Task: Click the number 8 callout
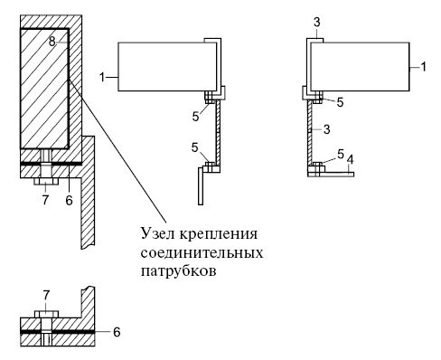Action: point(52,42)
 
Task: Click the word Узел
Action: point(157,233)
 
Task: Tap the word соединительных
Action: point(202,252)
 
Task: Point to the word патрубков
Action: point(179,271)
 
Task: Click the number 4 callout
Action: point(350,160)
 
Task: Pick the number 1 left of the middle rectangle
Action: point(102,78)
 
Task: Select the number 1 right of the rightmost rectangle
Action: point(423,67)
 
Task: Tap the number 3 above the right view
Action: point(316,23)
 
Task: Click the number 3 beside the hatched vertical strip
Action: point(326,129)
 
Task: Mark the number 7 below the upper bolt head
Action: point(45,200)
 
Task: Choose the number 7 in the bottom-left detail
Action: point(46,296)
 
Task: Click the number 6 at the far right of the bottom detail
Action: point(117,332)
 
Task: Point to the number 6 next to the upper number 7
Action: point(69,200)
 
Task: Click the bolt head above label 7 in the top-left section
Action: point(45,181)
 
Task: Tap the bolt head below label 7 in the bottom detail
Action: point(46,314)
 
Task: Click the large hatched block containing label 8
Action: point(44,89)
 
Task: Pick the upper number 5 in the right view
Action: point(340,103)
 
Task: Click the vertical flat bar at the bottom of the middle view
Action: point(201,186)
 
